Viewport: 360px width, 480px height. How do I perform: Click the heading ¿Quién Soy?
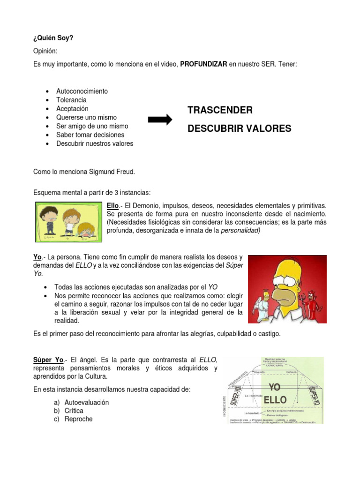click(x=53, y=38)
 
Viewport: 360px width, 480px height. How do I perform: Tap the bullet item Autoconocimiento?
click(x=82, y=91)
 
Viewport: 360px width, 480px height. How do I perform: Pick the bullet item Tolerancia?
click(x=71, y=100)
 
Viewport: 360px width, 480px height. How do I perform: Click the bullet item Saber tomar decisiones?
click(x=90, y=135)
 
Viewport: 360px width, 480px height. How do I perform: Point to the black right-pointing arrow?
click(x=160, y=120)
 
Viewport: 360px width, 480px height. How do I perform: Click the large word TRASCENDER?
click(x=220, y=110)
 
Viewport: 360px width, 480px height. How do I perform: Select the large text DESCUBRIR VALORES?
click(x=239, y=128)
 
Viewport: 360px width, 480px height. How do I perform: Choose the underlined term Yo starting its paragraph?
click(x=37, y=257)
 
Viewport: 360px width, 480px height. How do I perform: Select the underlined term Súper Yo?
click(x=48, y=360)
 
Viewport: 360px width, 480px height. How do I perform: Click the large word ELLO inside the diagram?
click(x=275, y=400)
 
